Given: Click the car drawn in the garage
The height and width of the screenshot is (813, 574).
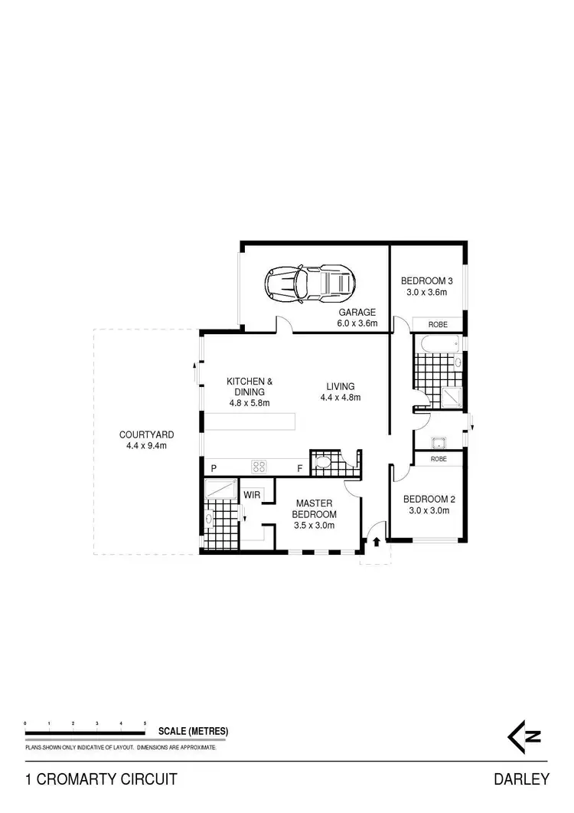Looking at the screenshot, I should [x=309, y=284].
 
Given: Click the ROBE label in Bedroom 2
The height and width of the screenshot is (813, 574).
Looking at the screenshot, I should [x=439, y=459].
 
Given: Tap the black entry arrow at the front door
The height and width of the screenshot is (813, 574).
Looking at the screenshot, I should [x=376, y=542].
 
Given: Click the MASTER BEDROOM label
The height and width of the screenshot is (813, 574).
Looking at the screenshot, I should [x=315, y=509].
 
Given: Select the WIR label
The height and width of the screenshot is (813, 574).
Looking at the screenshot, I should [x=253, y=495].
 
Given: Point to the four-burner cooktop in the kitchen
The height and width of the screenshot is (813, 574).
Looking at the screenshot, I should [x=259, y=466].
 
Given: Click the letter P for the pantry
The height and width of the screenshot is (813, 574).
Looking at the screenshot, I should [x=214, y=468].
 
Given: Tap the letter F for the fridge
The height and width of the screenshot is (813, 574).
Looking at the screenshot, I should [x=300, y=468].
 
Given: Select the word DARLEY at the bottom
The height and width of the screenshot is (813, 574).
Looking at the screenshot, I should [x=522, y=779].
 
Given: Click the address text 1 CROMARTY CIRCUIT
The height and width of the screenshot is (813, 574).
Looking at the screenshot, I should [x=102, y=779].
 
